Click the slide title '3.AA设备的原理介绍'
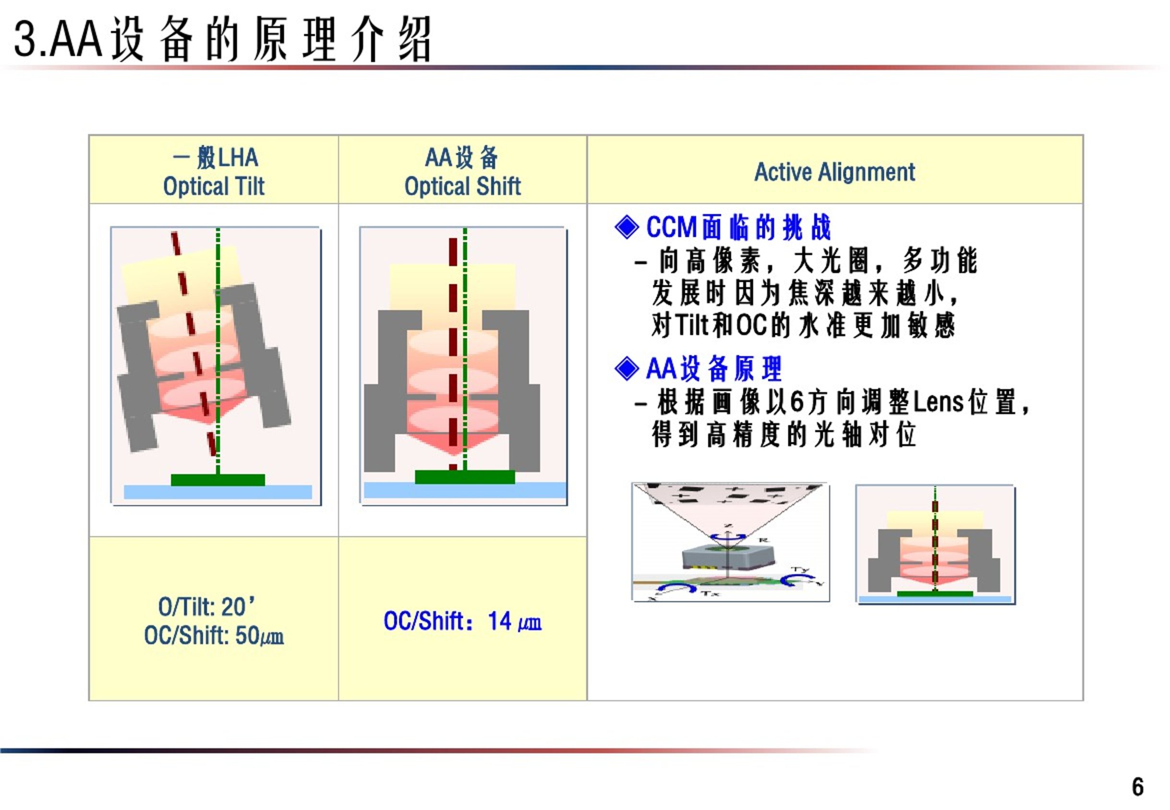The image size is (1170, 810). [x=222, y=39]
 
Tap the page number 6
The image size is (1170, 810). [x=1137, y=787]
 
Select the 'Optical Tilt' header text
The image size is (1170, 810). [x=214, y=186]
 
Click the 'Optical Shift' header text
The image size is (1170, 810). [x=462, y=186]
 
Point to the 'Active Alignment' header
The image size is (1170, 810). [x=834, y=171]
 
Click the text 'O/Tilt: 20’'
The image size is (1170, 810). [x=206, y=606]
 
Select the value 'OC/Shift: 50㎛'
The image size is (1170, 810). [x=214, y=635]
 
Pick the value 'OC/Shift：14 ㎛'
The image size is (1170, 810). [x=462, y=621]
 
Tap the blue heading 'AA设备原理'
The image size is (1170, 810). [x=713, y=368]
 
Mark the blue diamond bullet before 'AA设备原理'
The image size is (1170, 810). [x=627, y=368]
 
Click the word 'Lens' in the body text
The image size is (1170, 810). [x=938, y=402]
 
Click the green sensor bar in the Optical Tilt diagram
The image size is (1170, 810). [x=217, y=480]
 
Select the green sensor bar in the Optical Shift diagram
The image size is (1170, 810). [x=465, y=477]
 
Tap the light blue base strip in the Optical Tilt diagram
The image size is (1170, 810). [x=217, y=492]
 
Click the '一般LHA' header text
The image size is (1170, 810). [x=215, y=157]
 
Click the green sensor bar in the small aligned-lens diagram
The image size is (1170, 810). [x=935, y=594]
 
